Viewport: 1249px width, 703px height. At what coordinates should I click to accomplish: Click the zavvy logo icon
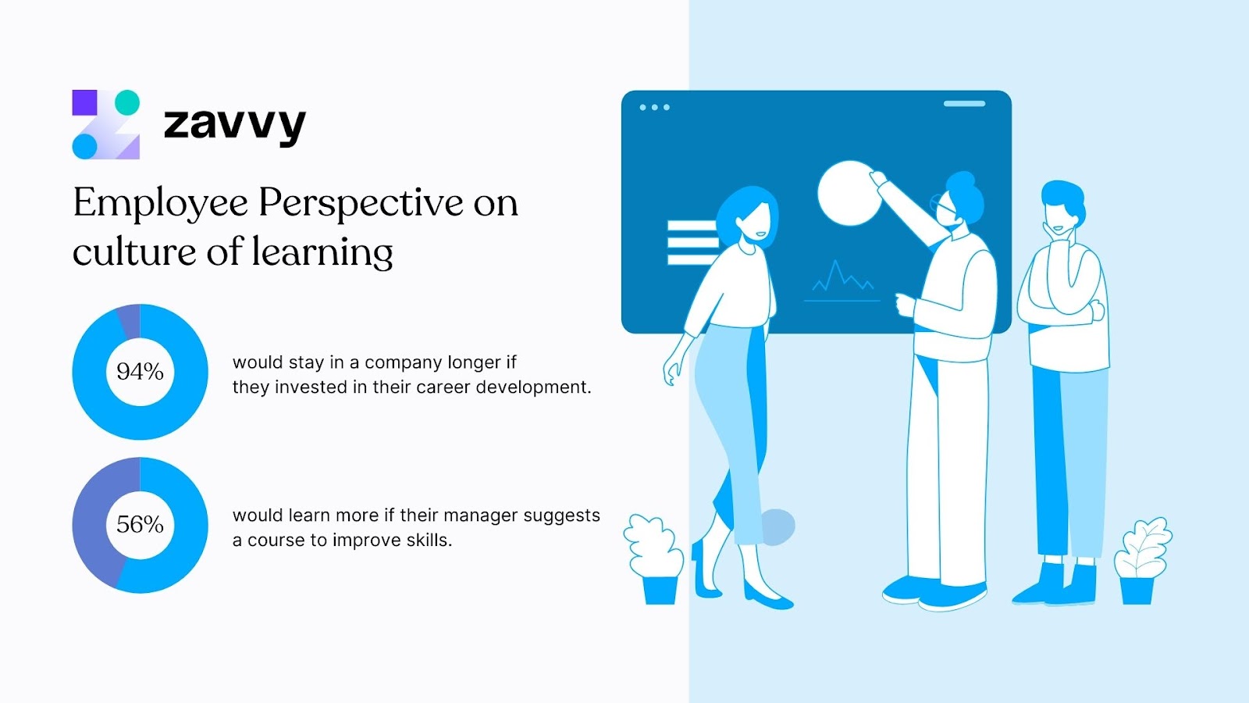(x=106, y=125)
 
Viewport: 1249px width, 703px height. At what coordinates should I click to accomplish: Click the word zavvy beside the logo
(x=234, y=125)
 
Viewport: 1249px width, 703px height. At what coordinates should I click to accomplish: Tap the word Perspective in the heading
(x=361, y=203)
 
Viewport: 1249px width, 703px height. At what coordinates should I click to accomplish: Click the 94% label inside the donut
(x=140, y=372)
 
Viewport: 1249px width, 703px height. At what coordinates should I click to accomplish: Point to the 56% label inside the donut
(x=140, y=524)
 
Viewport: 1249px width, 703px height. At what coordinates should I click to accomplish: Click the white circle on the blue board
(x=848, y=194)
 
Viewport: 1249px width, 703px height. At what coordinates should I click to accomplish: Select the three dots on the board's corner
(x=654, y=107)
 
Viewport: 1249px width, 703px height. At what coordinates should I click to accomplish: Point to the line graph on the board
(x=842, y=280)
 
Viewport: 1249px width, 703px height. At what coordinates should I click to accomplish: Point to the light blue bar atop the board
(x=964, y=103)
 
